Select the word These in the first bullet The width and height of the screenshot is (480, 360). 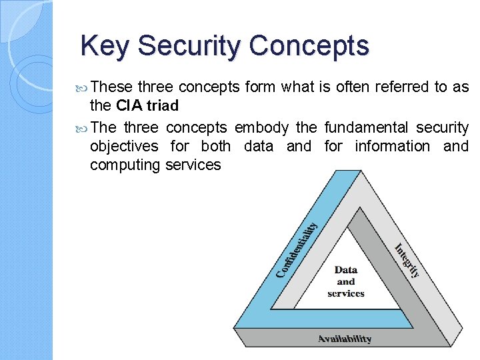[x=111, y=87]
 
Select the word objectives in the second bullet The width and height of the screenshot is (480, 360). [x=124, y=146]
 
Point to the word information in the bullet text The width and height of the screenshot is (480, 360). [x=389, y=146]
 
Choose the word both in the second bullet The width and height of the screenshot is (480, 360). [x=215, y=146]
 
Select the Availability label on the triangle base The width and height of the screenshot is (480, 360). [x=345, y=339]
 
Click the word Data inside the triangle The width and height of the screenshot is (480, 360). [x=345, y=270]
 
